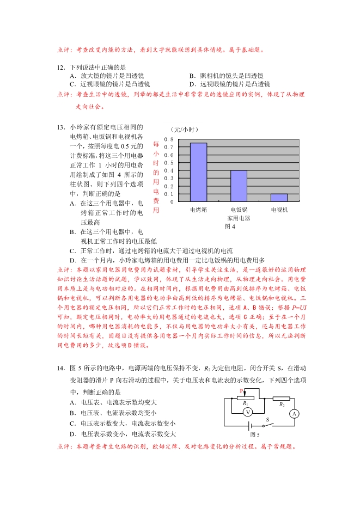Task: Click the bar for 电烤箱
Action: (198, 172)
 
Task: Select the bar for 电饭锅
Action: (239, 186)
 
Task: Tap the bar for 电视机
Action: (279, 198)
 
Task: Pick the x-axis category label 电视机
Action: (279, 210)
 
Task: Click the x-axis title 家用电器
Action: (239, 218)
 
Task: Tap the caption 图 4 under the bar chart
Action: (229, 226)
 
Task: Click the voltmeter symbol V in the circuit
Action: (247, 413)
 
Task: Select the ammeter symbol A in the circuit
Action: (295, 414)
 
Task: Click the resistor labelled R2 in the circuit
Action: (281, 398)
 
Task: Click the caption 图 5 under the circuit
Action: (254, 435)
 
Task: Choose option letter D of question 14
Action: (72, 434)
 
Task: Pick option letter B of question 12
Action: (192, 76)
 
